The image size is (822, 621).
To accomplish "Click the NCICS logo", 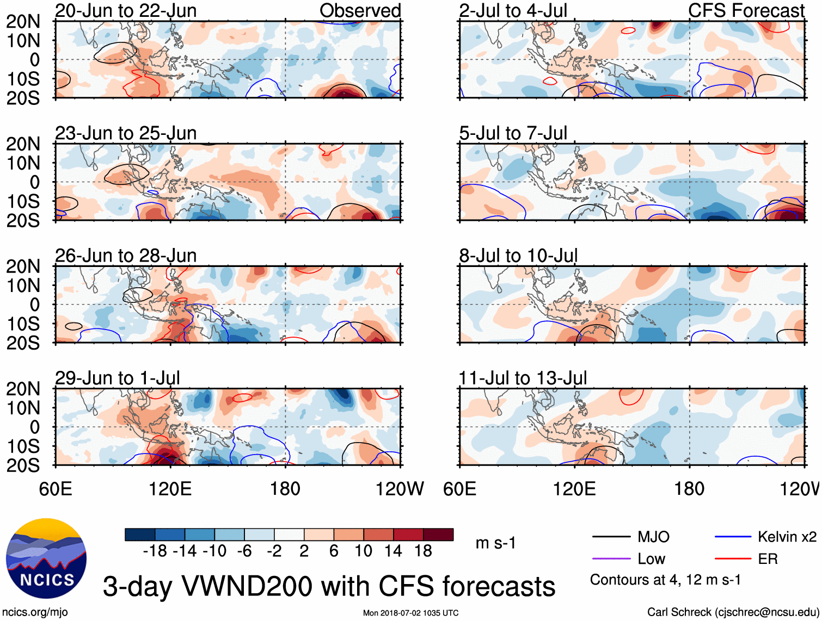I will click(46, 558).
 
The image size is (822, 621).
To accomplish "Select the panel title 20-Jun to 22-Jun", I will click(126, 11).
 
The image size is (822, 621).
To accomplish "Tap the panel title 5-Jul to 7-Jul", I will click(513, 133).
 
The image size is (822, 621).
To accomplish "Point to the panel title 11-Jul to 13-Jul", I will click(523, 378).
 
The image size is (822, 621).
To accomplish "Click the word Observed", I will click(360, 11).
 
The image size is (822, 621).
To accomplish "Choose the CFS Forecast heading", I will click(746, 11).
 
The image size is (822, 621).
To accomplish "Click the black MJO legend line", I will click(611, 537).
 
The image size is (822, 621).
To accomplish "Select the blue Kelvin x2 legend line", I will click(733, 537).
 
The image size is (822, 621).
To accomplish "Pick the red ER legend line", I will click(733, 558).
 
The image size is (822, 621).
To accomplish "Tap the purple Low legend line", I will click(611, 558).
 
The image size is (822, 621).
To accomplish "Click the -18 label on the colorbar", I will click(155, 551).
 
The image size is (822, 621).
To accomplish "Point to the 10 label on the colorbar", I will click(363, 551).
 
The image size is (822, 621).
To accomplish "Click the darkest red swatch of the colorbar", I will click(438, 535).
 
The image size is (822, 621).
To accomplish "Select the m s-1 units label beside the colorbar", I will click(495, 543).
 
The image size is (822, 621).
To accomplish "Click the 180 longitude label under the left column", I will click(285, 489).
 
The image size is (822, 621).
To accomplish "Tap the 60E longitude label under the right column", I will click(460, 489).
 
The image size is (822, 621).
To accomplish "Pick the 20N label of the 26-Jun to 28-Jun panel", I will click(23, 266).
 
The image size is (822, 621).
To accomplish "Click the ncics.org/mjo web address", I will click(35, 612).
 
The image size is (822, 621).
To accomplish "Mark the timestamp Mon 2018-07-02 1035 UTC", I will click(410, 613).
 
